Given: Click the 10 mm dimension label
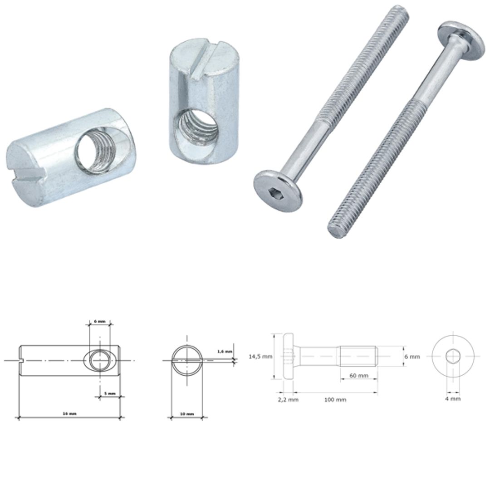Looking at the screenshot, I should pos(186,414).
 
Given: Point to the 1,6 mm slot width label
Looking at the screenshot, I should pos(225,351).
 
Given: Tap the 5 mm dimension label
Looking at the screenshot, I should pos(109,393).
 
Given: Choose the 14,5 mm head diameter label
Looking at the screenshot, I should pos(260,357).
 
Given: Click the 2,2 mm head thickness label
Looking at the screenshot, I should pos(288,400).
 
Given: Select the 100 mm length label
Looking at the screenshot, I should pos(335,400).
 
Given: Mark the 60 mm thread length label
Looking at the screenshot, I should pos(358,376).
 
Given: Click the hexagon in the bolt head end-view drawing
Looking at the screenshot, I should pos(453,357).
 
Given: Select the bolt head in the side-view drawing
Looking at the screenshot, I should pos(288,357).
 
